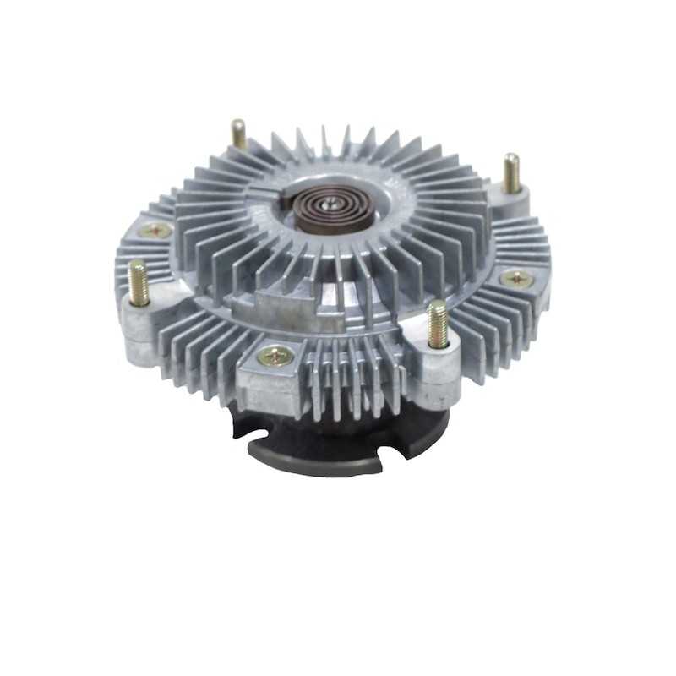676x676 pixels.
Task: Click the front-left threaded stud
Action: (x=139, y=282)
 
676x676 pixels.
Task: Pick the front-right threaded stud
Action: (x=437, y=323)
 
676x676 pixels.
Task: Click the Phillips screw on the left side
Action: (x=155, y=230)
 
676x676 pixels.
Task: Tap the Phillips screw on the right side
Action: (x=515, y=278)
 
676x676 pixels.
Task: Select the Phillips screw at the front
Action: (x=275, y=356)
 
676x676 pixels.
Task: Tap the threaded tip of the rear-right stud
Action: (x=511, y=159)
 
